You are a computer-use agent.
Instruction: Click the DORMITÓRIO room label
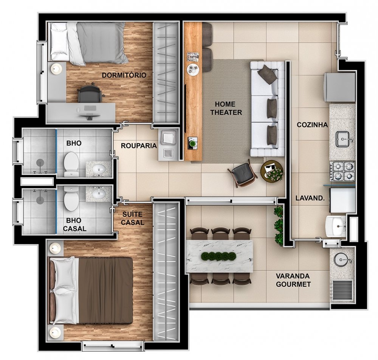[124, 75]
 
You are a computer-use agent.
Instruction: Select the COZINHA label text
[312, 125]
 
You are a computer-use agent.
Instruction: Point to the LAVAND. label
[310, 198]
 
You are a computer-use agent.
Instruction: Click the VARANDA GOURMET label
[293, 280]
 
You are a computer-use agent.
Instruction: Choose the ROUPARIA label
[139, 146]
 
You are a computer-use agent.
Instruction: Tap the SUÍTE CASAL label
[132, 218]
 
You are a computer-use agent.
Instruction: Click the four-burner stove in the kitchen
[342, 171]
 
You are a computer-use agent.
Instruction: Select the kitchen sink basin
[343, 139]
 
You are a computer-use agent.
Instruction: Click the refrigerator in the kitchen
[340, 87]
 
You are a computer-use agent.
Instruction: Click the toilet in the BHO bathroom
[71, 163]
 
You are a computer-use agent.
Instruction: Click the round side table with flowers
[271, 171]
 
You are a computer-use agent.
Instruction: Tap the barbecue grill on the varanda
[342, 290]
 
